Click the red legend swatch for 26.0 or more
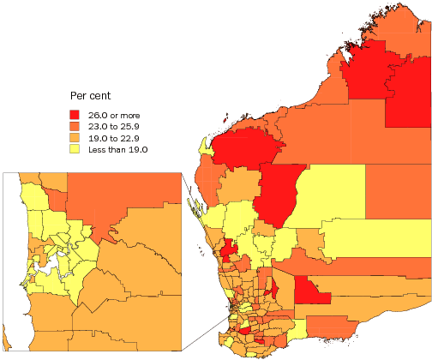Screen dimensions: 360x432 [x=75, y=114]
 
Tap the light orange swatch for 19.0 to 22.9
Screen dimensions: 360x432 [x=75, y=137]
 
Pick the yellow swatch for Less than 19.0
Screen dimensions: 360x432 [x=75, y=149]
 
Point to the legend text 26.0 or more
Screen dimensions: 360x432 [x=114, y=114]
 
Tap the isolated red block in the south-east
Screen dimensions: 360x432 [x=311, y=291]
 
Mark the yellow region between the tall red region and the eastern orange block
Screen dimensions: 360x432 [x=330, y=193]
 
